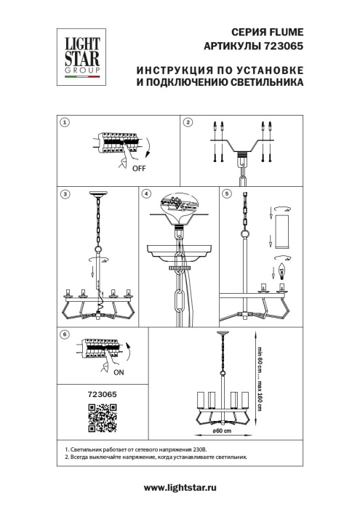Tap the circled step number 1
[64, 123]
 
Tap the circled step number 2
[187, 123]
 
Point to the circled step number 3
[64, 193]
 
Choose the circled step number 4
[146, 193]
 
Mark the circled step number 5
[226, 193]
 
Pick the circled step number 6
[64, 334]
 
